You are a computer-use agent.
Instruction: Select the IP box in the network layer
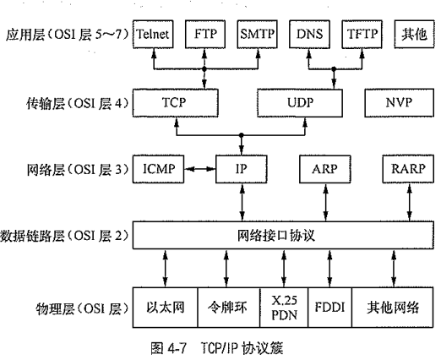(241, 169)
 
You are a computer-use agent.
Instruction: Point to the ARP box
(324, 169)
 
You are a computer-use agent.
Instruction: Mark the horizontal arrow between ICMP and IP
(201, 169)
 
